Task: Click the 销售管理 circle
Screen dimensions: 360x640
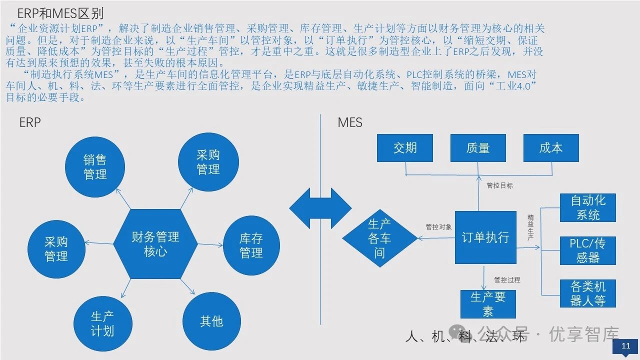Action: (x=94, y=167)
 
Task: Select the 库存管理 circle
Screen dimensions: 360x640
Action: (x=250, y=245)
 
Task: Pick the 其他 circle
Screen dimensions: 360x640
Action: (x=211, y=321)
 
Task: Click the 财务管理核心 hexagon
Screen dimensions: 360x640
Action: (x=155, y=243)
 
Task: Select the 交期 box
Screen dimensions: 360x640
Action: (x=405, y=148)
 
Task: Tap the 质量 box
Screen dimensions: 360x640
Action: (x=477, y=148)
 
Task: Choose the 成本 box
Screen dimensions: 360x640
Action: (x=551, y=148)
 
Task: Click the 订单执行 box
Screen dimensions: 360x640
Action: (x=485, y=237)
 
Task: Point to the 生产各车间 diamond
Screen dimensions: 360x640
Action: (x=379, y=238)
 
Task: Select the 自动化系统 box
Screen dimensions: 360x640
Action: (x=587, y=208)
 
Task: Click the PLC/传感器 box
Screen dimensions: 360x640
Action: (x=587, y=250)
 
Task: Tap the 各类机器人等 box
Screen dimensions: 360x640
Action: (x=587, y=293)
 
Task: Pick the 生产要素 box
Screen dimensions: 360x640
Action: (x=487, y=304)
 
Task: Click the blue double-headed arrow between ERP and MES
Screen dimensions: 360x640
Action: (x=320, y=208)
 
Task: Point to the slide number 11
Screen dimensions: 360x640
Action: (x=625, y=346)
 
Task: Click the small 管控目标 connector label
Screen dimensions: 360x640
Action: (x=499, y=185)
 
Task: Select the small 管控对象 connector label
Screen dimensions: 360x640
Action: (x=438, y=226)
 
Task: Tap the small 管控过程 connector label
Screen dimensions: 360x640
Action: (x=507, y=280)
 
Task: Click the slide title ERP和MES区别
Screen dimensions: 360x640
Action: (x=60, y=13)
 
